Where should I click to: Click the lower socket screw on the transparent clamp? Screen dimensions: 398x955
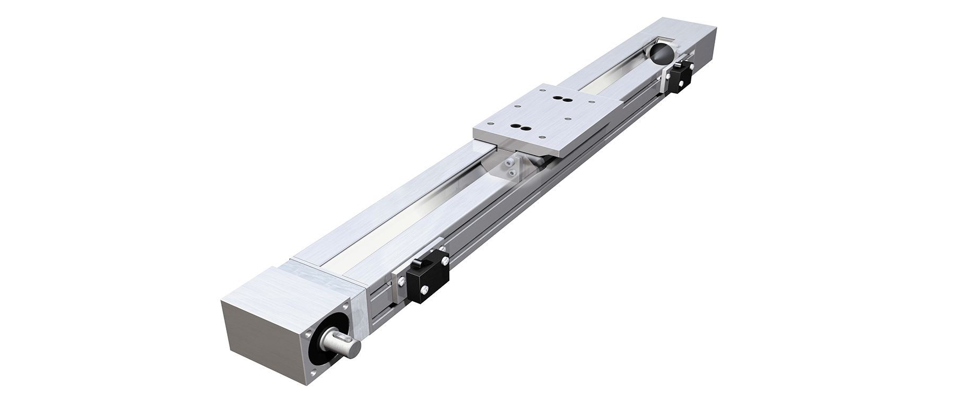click(512, 172)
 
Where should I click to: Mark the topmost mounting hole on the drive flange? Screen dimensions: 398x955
click(345, 306)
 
